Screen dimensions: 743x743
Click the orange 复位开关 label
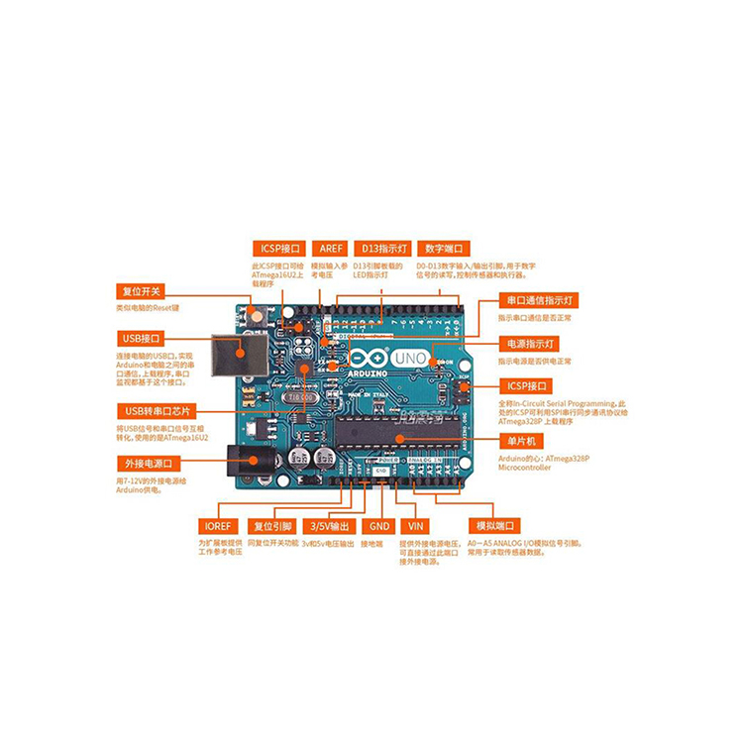[x=142, y=292]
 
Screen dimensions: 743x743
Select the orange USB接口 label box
[x=142, y=338]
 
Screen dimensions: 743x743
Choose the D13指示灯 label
[x=380, y=249]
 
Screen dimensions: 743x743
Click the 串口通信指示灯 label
[x=541, y=299]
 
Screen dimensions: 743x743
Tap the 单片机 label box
[x=523, y=440]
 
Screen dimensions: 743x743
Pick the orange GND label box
[x=377, y=526]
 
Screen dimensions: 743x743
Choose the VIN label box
[x=415, y=526]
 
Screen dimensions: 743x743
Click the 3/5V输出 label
[x=328, y=526]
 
